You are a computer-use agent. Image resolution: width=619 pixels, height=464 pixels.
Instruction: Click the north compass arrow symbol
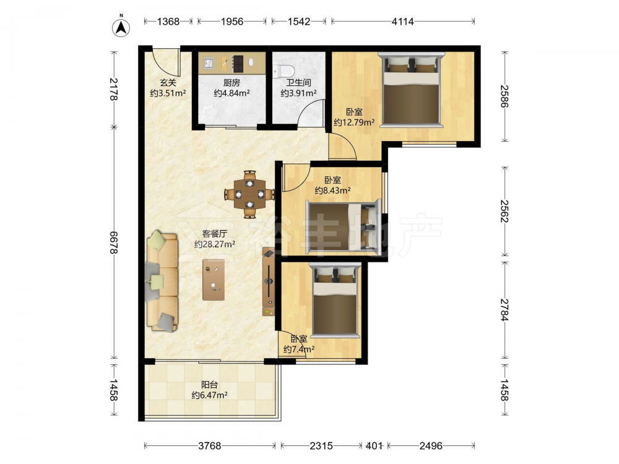pyautogui.click(x=121, y=27)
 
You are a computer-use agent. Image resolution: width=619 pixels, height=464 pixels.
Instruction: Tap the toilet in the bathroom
pyautogui.click(x=284, y=71)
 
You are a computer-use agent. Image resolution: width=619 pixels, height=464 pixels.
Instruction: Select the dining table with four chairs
pyautogui.click(x=249, y=194)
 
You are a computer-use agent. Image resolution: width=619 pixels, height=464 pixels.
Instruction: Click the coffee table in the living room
pyautogui.click(x=214, y=280)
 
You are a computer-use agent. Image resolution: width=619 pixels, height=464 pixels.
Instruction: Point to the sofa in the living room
pyautogui.click(x=162, y=281)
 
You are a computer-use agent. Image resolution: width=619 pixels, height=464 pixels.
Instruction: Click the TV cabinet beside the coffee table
pyautogui.click(x=269, y=281)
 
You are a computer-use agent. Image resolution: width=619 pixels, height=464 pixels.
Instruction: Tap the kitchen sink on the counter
pyautogui.click(x=208, y=62)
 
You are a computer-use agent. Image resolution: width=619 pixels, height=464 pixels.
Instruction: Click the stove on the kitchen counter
pyautogui.click(x=238, y=63)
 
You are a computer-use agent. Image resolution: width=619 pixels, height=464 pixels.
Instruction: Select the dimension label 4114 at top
pyautogui.click(x=402, y=22)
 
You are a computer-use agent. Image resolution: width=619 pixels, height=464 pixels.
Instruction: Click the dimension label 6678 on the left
pyautogui.click(x=114, y=243)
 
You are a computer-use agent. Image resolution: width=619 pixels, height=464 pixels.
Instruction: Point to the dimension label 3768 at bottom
pyautogui.click(x=210, y=446)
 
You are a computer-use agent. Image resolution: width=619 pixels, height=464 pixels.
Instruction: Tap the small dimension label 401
pyautogui.click(x=374, y=446)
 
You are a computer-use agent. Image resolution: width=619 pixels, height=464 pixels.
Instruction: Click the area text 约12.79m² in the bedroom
pyautogui.click(x=353, y=122)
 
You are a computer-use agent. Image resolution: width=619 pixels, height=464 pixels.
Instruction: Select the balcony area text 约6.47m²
pyautogui.click(x=209, y=395)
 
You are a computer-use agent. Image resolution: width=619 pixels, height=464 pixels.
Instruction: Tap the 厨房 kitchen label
pyautogui.click(x=232, y=83)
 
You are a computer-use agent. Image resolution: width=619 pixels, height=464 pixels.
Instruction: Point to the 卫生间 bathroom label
pyautogui.click(x=298, y=83)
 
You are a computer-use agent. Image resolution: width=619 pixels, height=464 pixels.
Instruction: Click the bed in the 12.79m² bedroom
pyautogui.click(x=411, y=90)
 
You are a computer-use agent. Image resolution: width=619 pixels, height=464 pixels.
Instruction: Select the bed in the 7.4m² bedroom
pyautogui.click(x=335, y=301)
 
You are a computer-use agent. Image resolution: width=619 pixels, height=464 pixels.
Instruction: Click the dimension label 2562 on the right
pyautogui.click(x=504, y=211)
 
